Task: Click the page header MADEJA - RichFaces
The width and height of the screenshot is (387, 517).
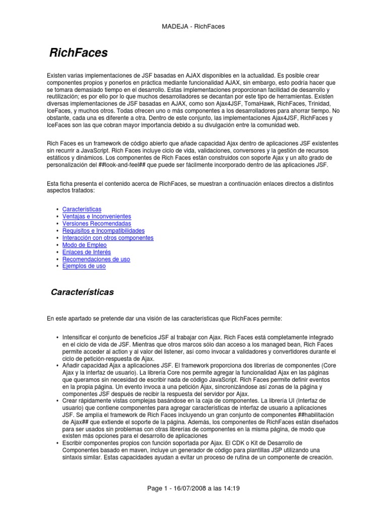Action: [x=193, y=26]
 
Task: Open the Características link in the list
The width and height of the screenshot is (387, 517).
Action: [x=82, y=209]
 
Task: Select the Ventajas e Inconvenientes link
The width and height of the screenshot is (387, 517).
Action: [x=96, y=216]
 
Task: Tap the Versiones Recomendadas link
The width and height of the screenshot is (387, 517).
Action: [x=96, y=223]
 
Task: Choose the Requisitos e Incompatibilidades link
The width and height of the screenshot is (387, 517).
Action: [x=103, y=230]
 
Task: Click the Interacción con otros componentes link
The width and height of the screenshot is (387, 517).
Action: [x=108, y=237]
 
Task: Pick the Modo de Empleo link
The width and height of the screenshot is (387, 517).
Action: [x=85, y=245]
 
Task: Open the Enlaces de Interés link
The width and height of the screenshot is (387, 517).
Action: [x=87, y=252]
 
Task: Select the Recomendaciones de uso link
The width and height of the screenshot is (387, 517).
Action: [x=96, y=259]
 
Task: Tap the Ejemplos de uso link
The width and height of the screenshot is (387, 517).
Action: [x=84, y=266]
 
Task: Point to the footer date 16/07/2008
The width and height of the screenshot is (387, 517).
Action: [x=190, y=488]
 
